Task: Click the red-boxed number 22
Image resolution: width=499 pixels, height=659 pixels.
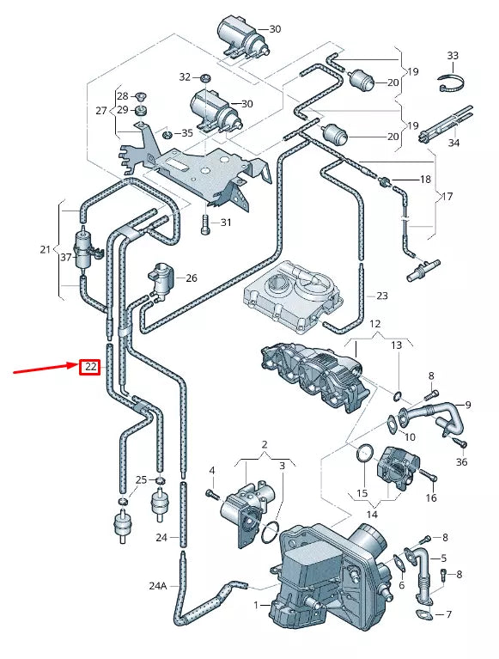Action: pos(90,368)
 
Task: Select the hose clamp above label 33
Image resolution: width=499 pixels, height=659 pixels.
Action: pos(453,84)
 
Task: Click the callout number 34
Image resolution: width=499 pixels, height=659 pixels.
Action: pos(453,143)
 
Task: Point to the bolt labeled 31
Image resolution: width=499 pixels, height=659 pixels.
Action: pos(204,224)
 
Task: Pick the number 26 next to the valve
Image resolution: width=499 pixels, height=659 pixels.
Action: pos(191,278)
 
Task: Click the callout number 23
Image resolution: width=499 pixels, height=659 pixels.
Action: pos(382,296)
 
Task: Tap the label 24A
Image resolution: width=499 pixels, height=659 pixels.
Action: pos(157,586)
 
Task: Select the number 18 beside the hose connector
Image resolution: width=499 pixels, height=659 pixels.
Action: pos(424,180)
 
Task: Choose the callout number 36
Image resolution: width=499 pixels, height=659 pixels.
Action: pos(462,462)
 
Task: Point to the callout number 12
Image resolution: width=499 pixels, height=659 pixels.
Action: pos(374,324)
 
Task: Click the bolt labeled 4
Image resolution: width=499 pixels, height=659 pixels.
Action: pos(209,494)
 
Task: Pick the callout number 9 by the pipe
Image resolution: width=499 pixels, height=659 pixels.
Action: pos(468,405)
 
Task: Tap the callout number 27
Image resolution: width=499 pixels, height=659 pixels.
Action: pos(101,111)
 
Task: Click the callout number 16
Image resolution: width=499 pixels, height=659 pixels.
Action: pos(431,497)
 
